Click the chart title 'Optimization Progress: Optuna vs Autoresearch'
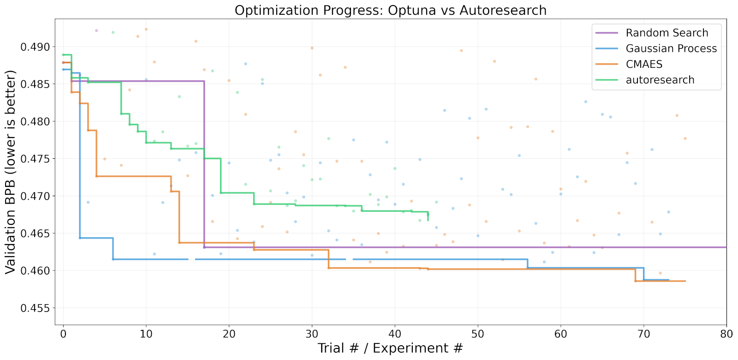[390, 10]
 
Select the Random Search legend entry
[667, 33]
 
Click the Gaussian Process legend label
[671, 48]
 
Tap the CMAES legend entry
[644, 64]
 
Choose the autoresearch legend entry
[660, 80]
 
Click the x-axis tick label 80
[726, 334]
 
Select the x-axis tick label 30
[312, 334]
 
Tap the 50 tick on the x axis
[478, 334]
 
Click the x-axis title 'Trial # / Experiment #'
[390, 348]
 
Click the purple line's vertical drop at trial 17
[204, 164]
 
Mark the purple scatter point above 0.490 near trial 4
[96, 30]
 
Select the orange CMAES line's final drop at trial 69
[635, 275]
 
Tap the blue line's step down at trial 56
[528, 264]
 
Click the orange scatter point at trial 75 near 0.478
[685, 138]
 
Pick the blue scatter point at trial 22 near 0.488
[245, 64]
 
